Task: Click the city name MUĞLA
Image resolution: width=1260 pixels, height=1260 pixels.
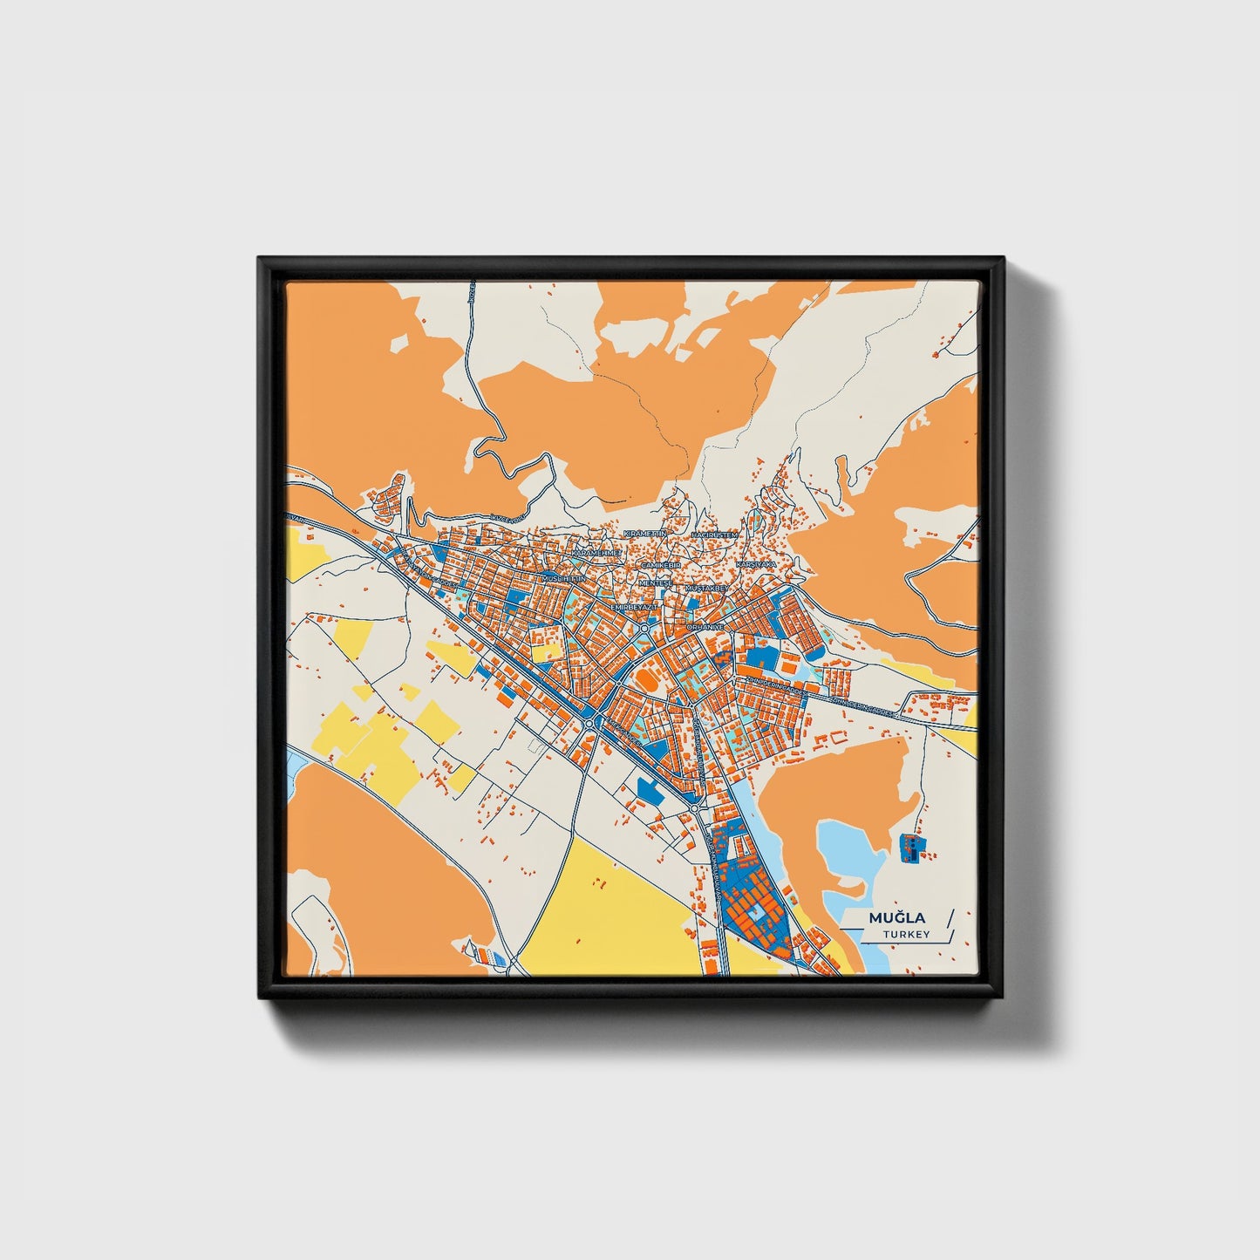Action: pyautogui.click(x=897, y=918)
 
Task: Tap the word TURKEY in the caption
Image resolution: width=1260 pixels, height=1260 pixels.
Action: pyautogui.click(x=906, y=935)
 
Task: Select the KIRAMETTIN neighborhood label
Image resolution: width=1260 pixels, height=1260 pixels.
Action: pyautogui.click(x=645, y=533)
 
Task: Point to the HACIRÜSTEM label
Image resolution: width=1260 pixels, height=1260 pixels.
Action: pyautogui.click(x=714, y=534)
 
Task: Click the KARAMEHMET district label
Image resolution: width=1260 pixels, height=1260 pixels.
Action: pyautogui.click(x=596, y=553)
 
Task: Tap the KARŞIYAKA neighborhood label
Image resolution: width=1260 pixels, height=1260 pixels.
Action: pyautogui.click(x=756, y=565)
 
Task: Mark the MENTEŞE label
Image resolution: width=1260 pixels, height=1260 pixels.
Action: pyautogui.click(x=656, y=582)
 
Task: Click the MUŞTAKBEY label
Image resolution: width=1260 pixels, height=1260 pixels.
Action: pyautogui.click(x=707, y=589)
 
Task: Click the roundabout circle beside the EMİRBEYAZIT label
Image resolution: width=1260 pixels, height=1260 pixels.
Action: pyautogui.click(x=644, y=627)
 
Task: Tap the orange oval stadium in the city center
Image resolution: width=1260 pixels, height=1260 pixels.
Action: pyautogui.click(x=646, y=677)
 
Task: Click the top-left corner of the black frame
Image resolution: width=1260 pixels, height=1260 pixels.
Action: pyautogui.click(x=261, y=259)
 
